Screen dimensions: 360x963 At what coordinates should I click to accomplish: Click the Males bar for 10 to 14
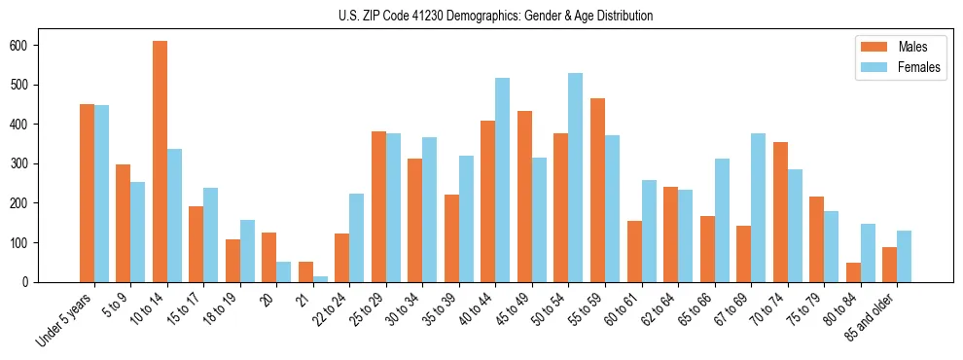[x=160, y=162]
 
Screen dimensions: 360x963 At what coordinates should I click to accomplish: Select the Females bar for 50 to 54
[x=576, y=177]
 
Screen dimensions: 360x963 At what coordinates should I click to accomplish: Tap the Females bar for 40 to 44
[x=503, y=180]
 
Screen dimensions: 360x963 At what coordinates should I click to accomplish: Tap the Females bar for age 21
[x=320, y=278]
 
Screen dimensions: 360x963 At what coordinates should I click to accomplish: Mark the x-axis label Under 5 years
[x=66, y=316]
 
